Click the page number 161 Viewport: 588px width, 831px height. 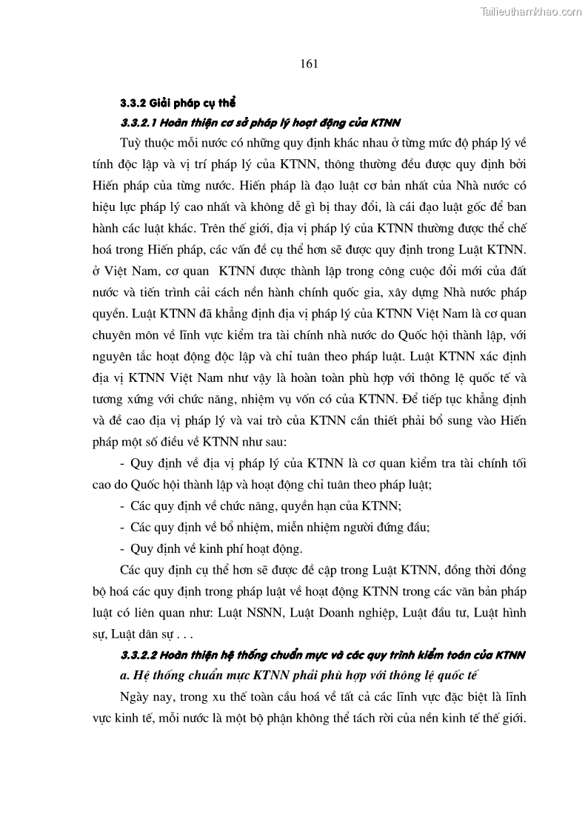point(310,64)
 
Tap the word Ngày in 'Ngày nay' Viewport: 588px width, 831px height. point(133,696)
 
